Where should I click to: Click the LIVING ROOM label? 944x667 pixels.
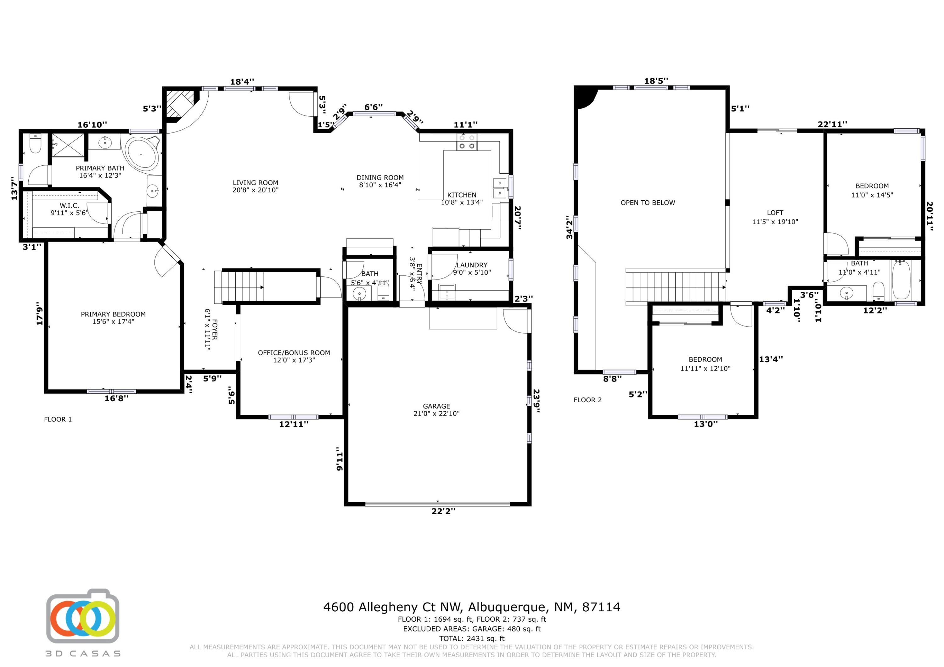click(x=255, y=186)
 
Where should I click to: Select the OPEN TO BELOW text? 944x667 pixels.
click(x=648, y=203)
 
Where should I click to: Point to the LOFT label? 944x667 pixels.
click(x=775, y=213)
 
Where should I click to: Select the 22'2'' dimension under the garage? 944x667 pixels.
click(x=443, y=511)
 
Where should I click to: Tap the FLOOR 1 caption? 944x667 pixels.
click(x=58, y=419)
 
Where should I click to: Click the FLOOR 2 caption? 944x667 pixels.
click(x=587, y=400)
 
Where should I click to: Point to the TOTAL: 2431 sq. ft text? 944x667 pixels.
click(x=472, y=638)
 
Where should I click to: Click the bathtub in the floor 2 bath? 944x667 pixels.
click(x=901, y=280)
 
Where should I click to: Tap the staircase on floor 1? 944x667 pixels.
click(x=239, y=287)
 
